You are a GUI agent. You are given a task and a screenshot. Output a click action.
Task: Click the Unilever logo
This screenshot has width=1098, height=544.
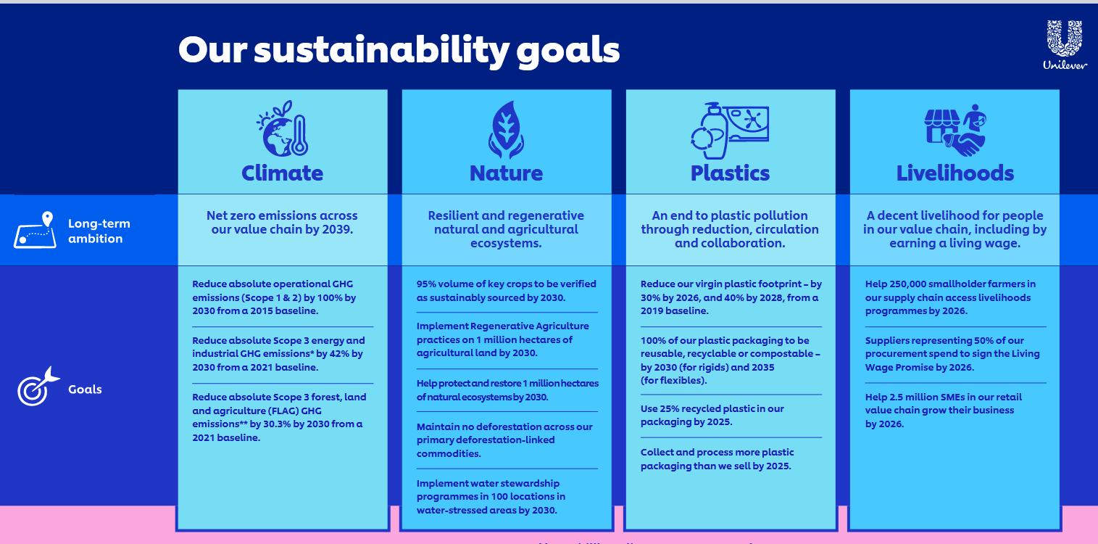pos(1065,45)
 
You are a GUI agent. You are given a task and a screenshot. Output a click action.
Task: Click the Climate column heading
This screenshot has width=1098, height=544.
pos(283,173)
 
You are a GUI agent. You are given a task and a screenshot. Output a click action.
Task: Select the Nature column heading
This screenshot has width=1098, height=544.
pos(506,173)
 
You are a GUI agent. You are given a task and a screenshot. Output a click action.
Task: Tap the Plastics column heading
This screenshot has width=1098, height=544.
pos(730,173)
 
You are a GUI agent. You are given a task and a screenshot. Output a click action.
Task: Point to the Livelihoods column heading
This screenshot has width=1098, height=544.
pos(955,173)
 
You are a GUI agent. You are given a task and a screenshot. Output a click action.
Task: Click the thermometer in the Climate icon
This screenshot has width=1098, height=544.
pos(299,136)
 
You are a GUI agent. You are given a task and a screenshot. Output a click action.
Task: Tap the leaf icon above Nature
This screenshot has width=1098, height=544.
pos(506,130)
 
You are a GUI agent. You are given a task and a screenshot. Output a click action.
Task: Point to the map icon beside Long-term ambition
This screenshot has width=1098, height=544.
pos(36,230)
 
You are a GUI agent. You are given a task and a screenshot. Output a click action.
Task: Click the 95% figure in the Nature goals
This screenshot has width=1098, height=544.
pos(426,284)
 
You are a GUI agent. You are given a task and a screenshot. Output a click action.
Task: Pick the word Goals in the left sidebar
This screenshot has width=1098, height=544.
pos(85,390)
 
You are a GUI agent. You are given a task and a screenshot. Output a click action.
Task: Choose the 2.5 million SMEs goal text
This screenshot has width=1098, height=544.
pos(944,410)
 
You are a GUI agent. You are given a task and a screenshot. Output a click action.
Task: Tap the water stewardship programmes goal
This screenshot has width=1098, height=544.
pos(491,496)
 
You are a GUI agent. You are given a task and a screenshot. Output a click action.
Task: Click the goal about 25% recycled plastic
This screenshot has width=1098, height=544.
pos(712,415)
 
